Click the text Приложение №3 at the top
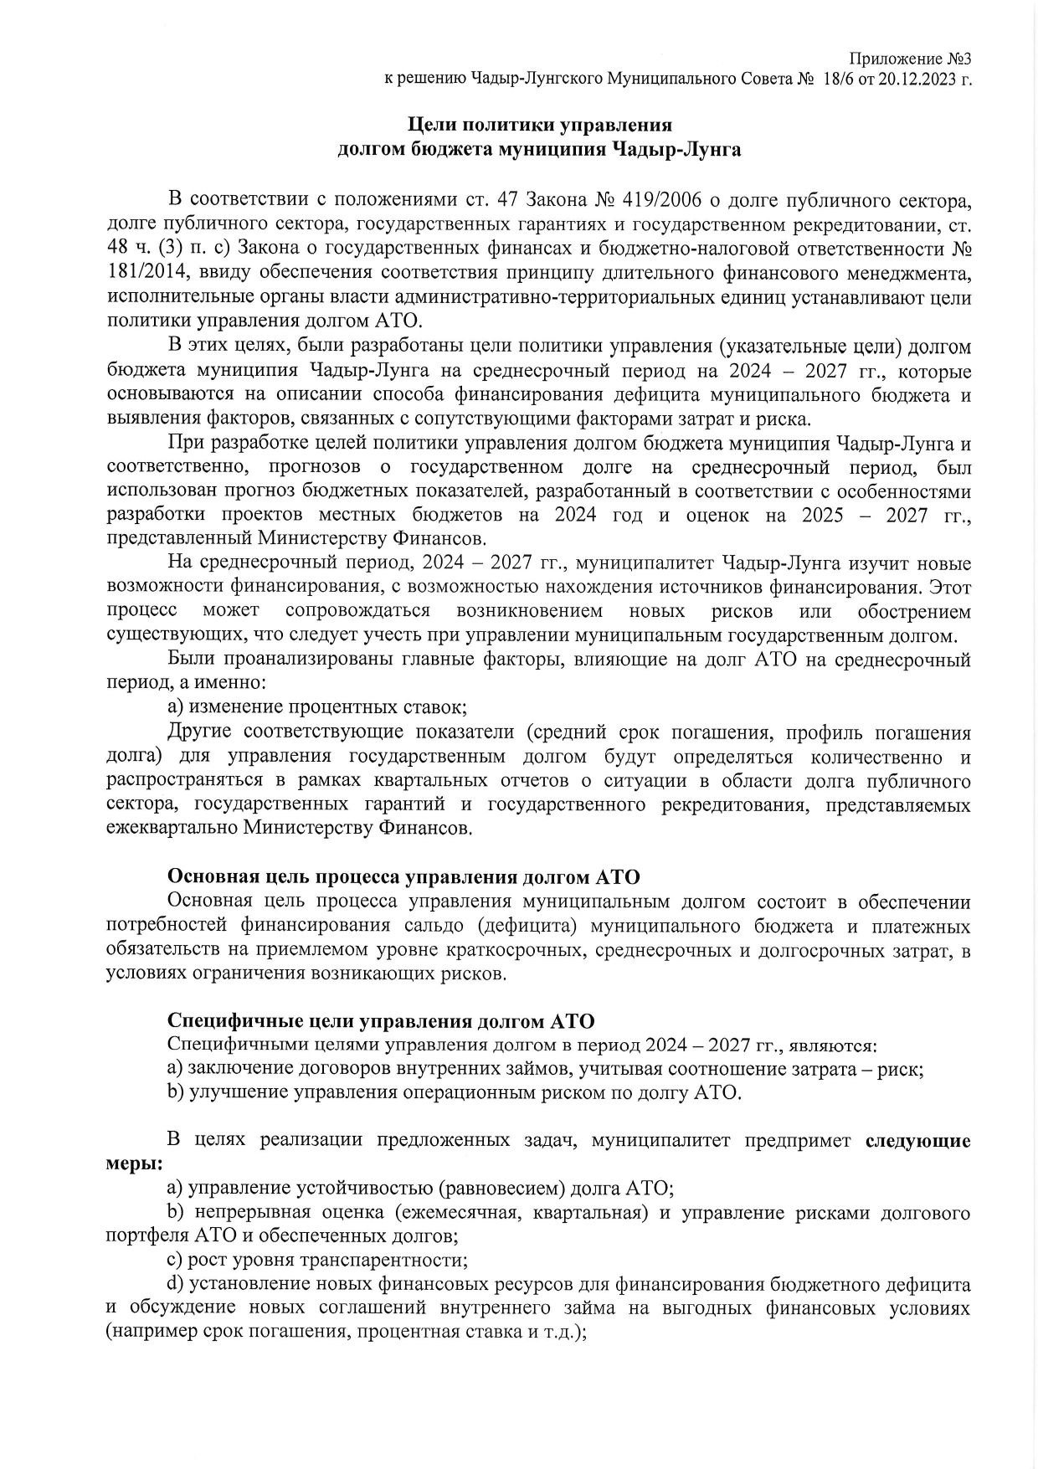pos(910,59)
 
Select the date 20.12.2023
pos(919,80)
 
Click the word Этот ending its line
pos(951,586)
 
